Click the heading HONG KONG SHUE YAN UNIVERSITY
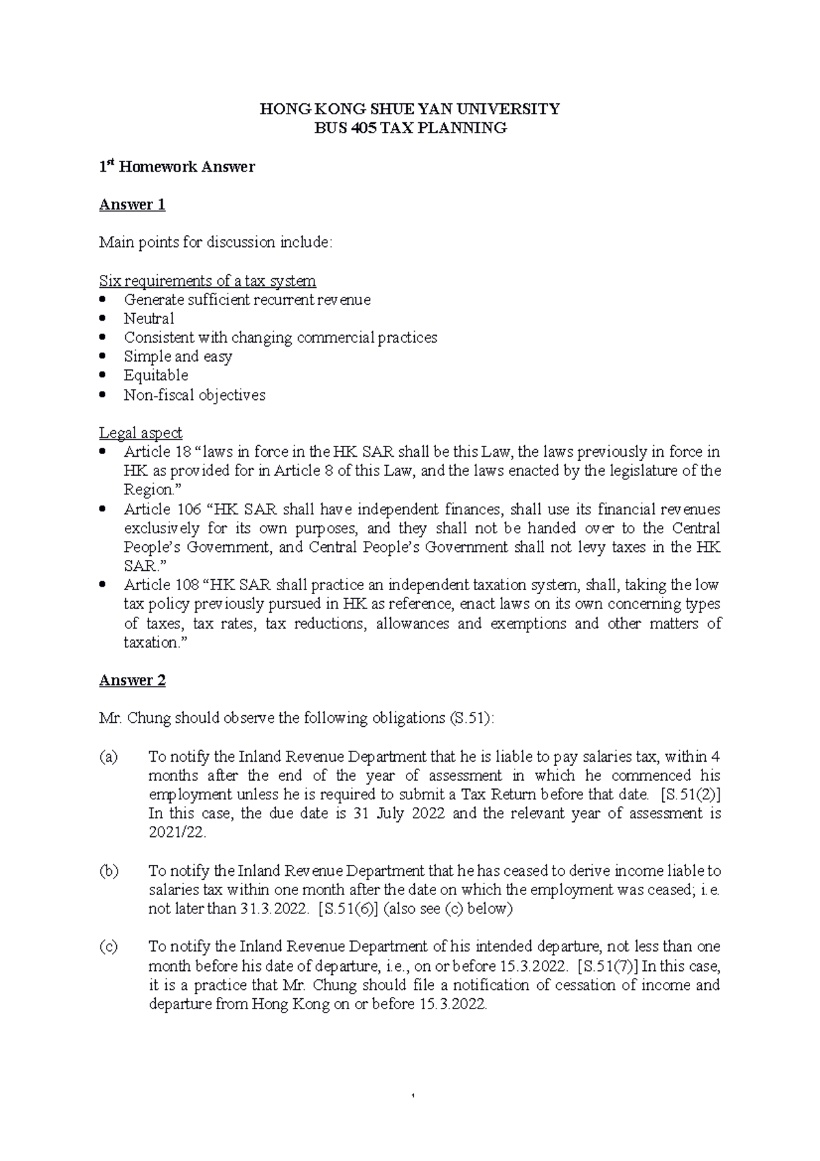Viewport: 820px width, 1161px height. point(409,109)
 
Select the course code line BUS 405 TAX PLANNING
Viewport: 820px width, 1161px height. point(409,128)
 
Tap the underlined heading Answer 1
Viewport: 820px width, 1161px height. point(132,204)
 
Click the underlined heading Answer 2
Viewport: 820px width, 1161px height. point(132,680)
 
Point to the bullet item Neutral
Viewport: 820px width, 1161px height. point(148,319)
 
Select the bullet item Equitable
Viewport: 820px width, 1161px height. point(155,375)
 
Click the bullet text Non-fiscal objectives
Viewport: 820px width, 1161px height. point(194,395)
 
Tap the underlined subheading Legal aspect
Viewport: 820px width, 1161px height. point(140,433)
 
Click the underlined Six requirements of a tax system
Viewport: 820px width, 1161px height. point(207,281)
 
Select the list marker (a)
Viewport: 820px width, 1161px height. point(108,757)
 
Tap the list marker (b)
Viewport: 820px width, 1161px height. point(108,871)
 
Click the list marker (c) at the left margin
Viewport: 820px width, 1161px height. point(108,947)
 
